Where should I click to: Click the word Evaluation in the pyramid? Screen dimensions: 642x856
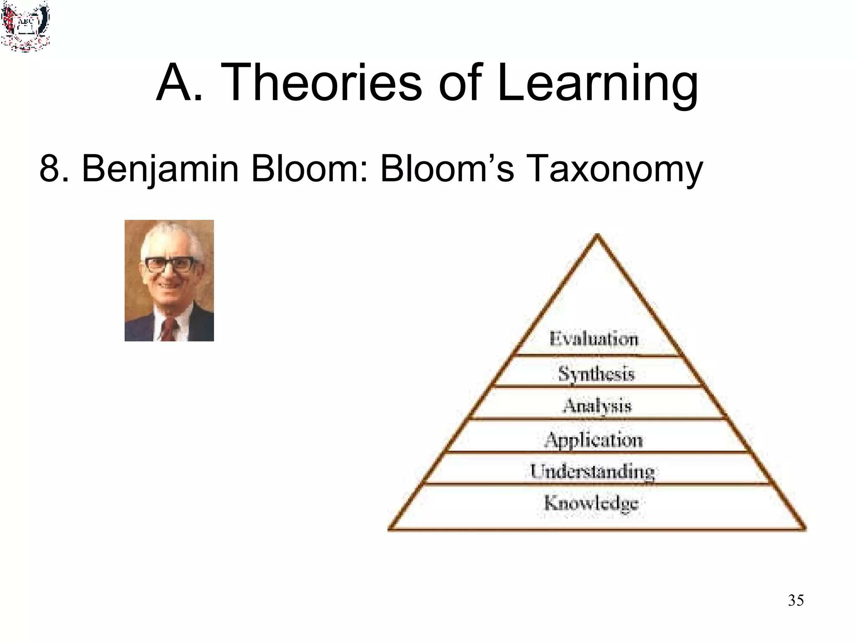coord(594,339)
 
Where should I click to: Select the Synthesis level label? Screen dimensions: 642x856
coord(596,373)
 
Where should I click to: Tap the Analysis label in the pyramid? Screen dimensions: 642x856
coord(597,406)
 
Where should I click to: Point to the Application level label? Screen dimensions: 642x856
coord(594,440)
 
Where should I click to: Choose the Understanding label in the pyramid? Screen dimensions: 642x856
coord(592,471)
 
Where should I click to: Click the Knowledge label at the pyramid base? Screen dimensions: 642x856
coord(591,503)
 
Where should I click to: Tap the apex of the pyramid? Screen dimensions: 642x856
coord(597,237)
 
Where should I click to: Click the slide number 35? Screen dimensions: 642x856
coord(795,600)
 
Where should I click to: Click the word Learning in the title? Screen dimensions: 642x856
coord(598,84)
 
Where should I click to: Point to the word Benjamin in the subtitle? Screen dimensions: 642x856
coord(160,169)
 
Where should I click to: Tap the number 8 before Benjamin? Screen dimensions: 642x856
coord(49,168)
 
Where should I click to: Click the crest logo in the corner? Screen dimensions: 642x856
coord(25,26)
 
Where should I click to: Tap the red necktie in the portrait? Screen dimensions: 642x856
coord(168,329)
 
